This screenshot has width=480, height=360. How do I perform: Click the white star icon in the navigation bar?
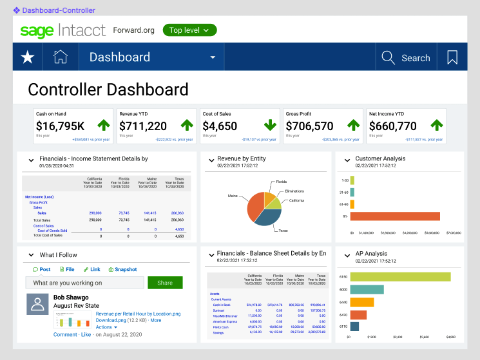tap(28, 57)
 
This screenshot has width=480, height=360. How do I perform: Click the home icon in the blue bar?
tap(61, 57)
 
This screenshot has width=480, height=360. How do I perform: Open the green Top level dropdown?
tap(189, 30)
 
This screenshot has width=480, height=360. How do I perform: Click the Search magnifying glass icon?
tap(388, 57)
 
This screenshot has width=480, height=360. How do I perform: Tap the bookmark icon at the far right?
tap(452, 57)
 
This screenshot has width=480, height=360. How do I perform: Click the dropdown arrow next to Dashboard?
tap(213, 58)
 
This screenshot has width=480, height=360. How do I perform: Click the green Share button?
tap(165, 283)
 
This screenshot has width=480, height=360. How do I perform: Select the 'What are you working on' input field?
tap(84, 283)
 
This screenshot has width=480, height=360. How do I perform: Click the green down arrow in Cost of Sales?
tap(270, 125)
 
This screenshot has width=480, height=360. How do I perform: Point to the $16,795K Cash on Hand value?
tap(60, 126)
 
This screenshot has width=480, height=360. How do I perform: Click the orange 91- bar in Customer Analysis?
tap(395, 216)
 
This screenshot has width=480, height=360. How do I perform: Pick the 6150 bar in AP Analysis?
tap(400, 277)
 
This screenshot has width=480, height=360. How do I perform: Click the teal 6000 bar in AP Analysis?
tap(367, 289)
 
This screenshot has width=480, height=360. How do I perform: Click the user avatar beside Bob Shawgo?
tap(37, 304)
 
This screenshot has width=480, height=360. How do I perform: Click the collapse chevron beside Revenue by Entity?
tap(211, 159)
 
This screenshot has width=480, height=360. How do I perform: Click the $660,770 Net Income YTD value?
tap(392, 126)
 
